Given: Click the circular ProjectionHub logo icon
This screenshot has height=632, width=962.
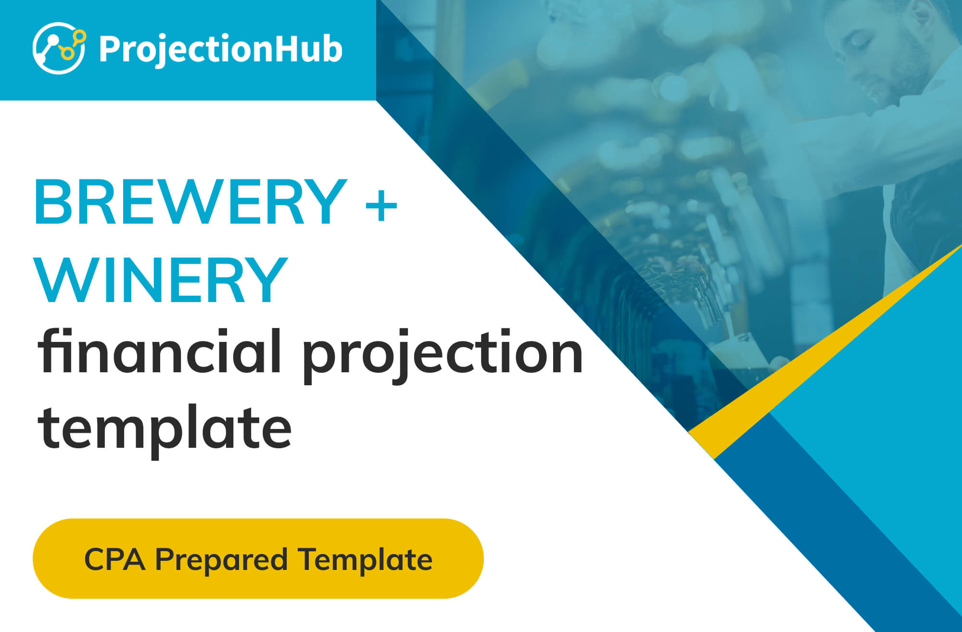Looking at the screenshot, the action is coord(59,48).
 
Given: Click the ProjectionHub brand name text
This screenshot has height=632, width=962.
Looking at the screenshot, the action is coord(221,50).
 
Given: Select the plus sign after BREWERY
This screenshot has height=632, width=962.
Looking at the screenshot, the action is coord(381,205).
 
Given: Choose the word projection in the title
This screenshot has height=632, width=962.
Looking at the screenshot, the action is coord(443,356).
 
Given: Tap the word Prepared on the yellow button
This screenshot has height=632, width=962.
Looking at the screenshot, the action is coord(221,560).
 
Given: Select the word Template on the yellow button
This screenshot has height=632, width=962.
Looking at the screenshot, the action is coord(365,560).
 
